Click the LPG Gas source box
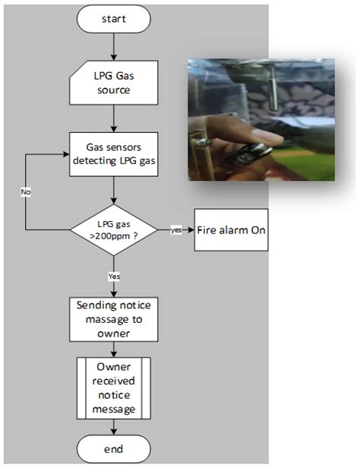tap(114, 84)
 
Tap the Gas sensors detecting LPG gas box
tap(114, 154)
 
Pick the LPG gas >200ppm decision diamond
tap(114, 229)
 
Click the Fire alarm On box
tap(232, 229)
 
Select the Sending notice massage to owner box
tap(114, 318)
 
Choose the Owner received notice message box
tap(114, 387)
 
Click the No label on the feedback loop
tap(25, 193)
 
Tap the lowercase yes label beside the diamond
tap(175, 229)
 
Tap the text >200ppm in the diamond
tap(114, 236)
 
